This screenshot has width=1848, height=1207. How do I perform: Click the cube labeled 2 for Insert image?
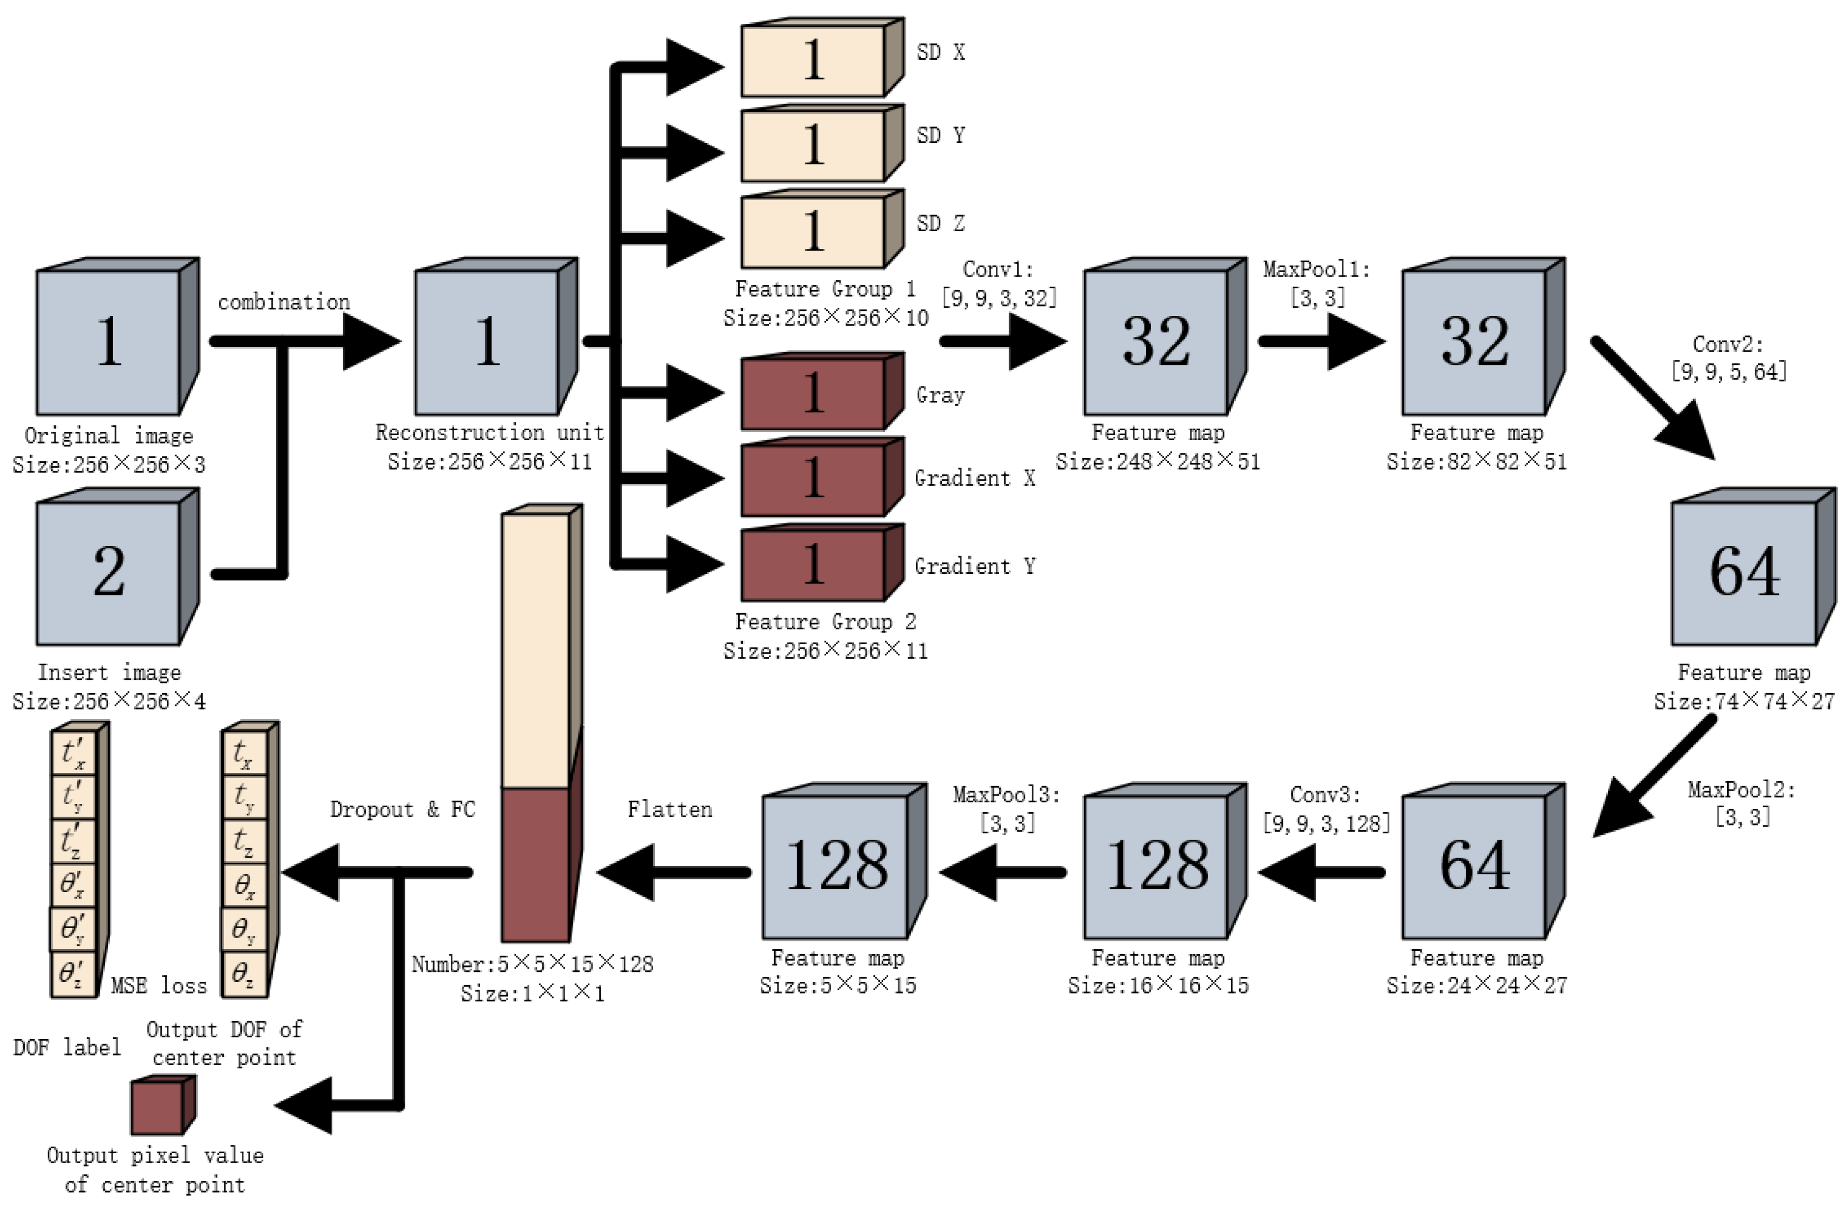[109, 572]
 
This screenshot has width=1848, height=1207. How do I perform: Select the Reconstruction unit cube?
[487, 342]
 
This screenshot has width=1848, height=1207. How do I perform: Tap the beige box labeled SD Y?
[813, 146]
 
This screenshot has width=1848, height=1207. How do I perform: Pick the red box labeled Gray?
[813, 394]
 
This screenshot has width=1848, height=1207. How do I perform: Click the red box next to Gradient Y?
[813, 565]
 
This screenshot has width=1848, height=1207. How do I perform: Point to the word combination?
[283, 302]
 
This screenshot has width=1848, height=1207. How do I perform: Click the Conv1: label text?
[998, 269]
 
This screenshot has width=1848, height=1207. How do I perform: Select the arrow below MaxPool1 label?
[1320, 341]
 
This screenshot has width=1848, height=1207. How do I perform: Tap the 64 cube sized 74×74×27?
[1743, 572]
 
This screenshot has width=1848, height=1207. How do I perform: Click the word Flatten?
[669, 809]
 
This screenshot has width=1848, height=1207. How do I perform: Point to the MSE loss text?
[159, 986]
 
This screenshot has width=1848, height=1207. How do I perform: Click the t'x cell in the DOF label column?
[73, 753]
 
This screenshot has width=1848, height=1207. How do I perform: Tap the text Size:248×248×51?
[1157, 462]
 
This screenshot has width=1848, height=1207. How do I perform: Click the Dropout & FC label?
[402, 809]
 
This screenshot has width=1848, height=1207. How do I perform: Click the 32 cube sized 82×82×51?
[1474, 342]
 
